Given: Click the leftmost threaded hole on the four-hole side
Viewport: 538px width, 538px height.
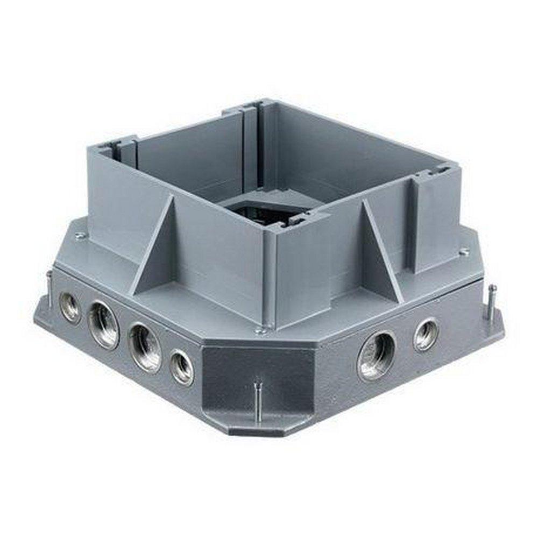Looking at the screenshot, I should tap(70, 307).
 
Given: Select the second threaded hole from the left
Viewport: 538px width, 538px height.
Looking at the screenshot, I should tap(104, 325).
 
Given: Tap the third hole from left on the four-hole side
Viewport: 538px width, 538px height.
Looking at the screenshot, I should tap(144, 348).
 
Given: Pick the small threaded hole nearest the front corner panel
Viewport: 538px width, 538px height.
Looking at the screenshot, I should tap(182, 367).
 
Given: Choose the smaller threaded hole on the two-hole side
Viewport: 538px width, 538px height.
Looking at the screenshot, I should tap(426, 335).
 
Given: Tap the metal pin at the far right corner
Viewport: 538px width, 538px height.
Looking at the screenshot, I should tap(491, 301).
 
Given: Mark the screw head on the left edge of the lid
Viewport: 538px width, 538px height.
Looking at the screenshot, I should tap(79, 235).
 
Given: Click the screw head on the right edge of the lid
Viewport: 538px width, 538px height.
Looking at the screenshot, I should tap(463, 251).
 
